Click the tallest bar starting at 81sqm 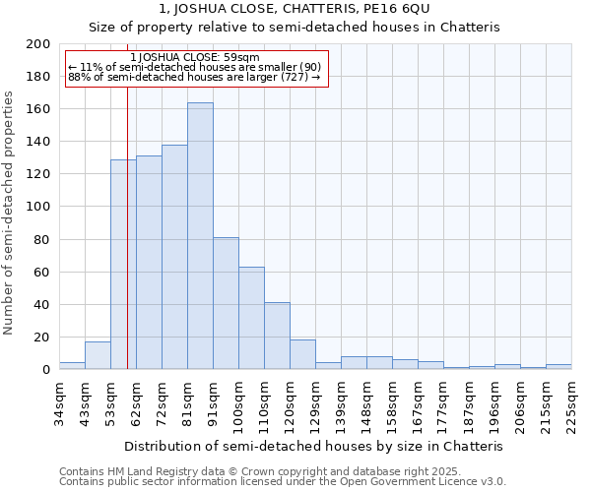[x=200, y=236]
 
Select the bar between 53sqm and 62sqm [x=123, y=265]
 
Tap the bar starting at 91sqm [x=226, y=303]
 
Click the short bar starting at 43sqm [x=98, y=355]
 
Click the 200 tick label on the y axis [x=38, y=44]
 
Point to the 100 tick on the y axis [x=38, y=207]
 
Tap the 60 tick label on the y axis [x=42, y=272]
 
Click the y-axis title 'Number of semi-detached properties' [x=10, y=212]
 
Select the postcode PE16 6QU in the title [x=394, y=9]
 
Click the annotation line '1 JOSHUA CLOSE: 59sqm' [x=194, y=57]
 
